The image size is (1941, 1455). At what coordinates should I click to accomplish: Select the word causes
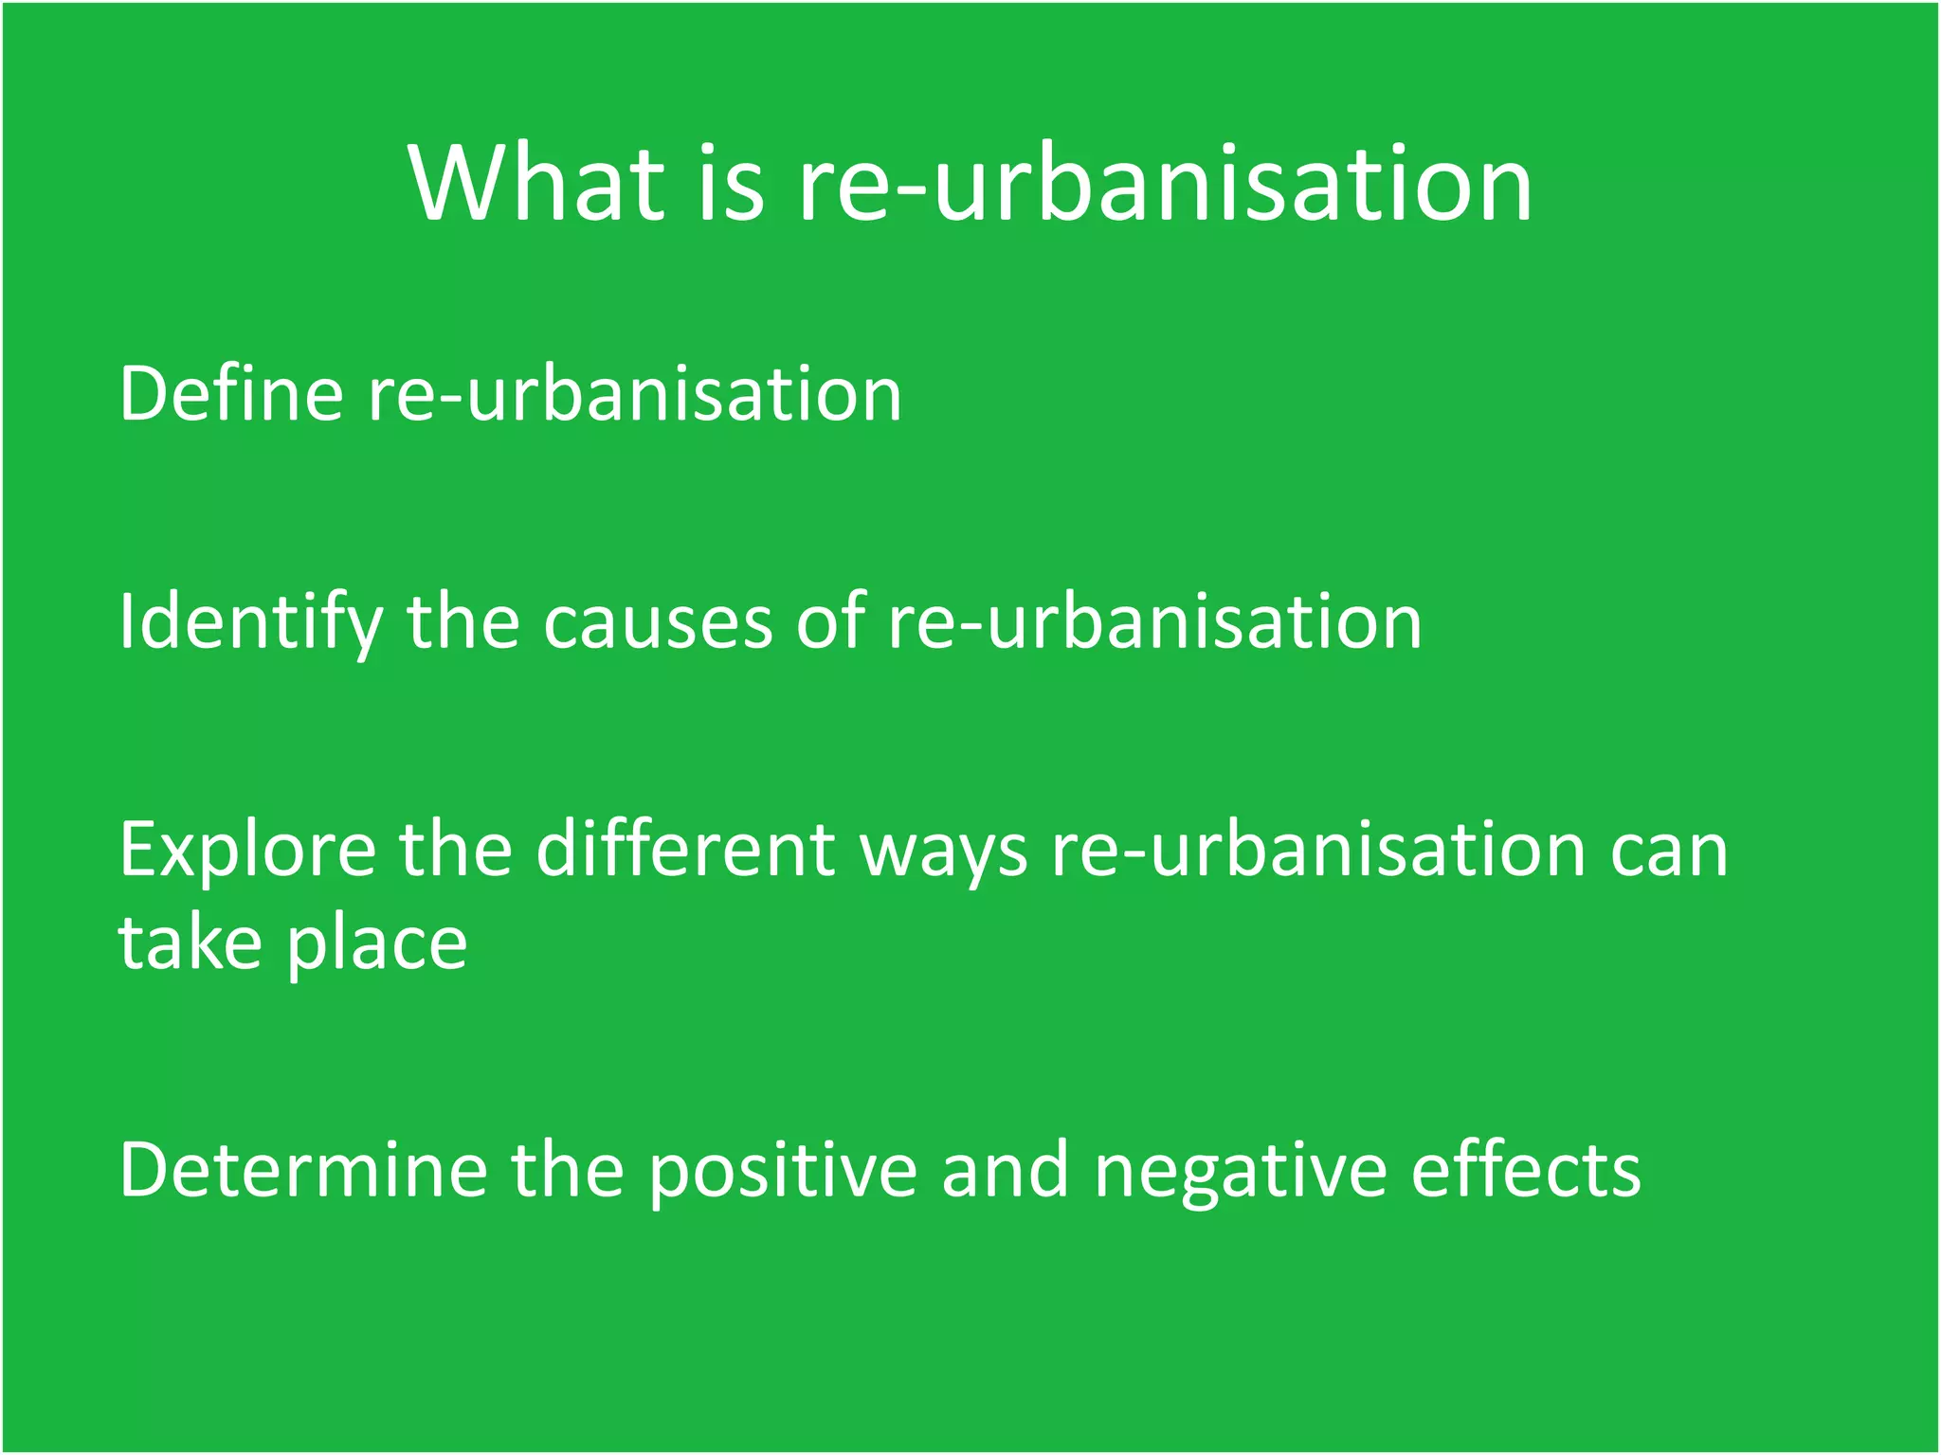tap(658, 623)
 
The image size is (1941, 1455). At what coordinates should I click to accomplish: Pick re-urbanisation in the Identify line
tap(1154, 623)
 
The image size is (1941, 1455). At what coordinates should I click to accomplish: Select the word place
tap(377, 945)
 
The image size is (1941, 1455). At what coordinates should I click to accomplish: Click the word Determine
tap(303, 1171)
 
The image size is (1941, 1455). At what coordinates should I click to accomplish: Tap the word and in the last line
tap(1005, 1171)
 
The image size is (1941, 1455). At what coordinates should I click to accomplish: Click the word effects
tap(1526, 1171)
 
